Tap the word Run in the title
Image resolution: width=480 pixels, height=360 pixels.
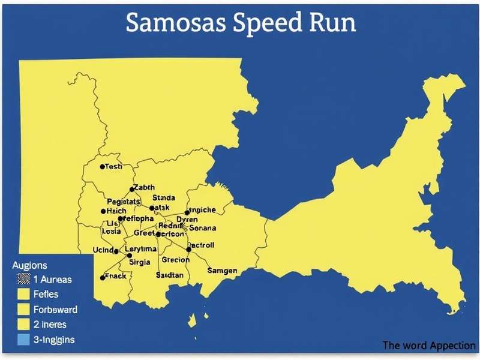pos(331,22)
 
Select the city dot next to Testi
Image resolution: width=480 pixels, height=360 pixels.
pos(103,167)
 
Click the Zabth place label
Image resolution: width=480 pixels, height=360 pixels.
pos(145,187)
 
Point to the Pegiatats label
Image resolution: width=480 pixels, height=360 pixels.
pos(124,201)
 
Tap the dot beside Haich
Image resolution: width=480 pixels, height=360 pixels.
pos(103,212)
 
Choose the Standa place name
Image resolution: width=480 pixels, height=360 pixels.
pos(164,197)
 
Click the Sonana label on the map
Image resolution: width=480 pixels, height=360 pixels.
pos(203,228)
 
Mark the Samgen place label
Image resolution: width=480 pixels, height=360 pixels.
pos(222,271)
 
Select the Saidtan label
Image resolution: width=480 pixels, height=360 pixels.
pos(170,274)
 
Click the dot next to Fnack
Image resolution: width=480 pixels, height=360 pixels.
pos(103,278)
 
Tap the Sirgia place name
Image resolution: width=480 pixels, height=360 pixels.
pos(140,262)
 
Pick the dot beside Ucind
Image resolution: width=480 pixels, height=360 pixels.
pos(116,251)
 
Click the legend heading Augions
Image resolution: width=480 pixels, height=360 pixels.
pos(29,265)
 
